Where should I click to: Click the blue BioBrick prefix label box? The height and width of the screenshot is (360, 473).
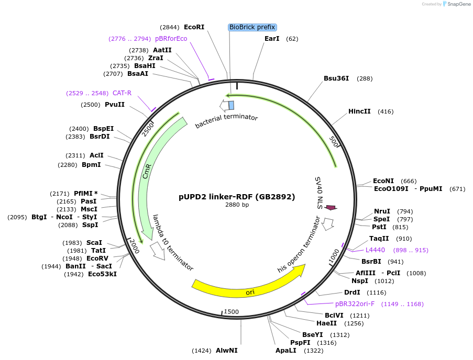pyautogui.click(x=252, y=27)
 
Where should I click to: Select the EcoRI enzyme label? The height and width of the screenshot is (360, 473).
pyautogui.click(x=194, y=27)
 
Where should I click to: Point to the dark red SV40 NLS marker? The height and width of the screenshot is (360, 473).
pyautogui.click(x=331, y=208)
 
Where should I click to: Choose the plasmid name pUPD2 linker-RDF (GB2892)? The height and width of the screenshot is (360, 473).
pyautogui.click(x=237, y=197)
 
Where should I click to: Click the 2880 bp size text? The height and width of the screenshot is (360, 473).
pyautogui.click(x=237, y=205)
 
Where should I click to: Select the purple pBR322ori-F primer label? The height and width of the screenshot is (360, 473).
pyautogui.click(x=355, y=304)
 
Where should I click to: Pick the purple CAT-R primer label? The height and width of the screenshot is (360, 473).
pyautogui.click(x=122, y=93)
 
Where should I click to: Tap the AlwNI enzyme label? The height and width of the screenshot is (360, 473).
pyautogui.click(x=226, y=351)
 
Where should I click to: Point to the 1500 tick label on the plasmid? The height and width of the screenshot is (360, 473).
pyautogui.click(x=231, y=312)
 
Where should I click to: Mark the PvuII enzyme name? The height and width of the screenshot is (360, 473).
pyautogui.click(x=115, y=105)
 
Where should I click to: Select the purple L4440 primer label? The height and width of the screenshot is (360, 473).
pyautogui.click(x=375, y=250)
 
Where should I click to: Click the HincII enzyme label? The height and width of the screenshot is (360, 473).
pyautogui.click(x=359, y=111)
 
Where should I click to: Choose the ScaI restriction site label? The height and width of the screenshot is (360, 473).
pyautogui.click(x=94, y=243)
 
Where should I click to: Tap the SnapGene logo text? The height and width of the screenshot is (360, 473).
pyautogui.click(x=458, y=4)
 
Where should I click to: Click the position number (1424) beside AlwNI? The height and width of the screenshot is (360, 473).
pyautogui.click(x=202, y=351)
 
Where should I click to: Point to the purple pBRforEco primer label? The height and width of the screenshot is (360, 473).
pyautogui.click(x=171, y=39)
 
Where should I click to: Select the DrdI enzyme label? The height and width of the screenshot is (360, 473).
pyautogui.click(x=352, y=292)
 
